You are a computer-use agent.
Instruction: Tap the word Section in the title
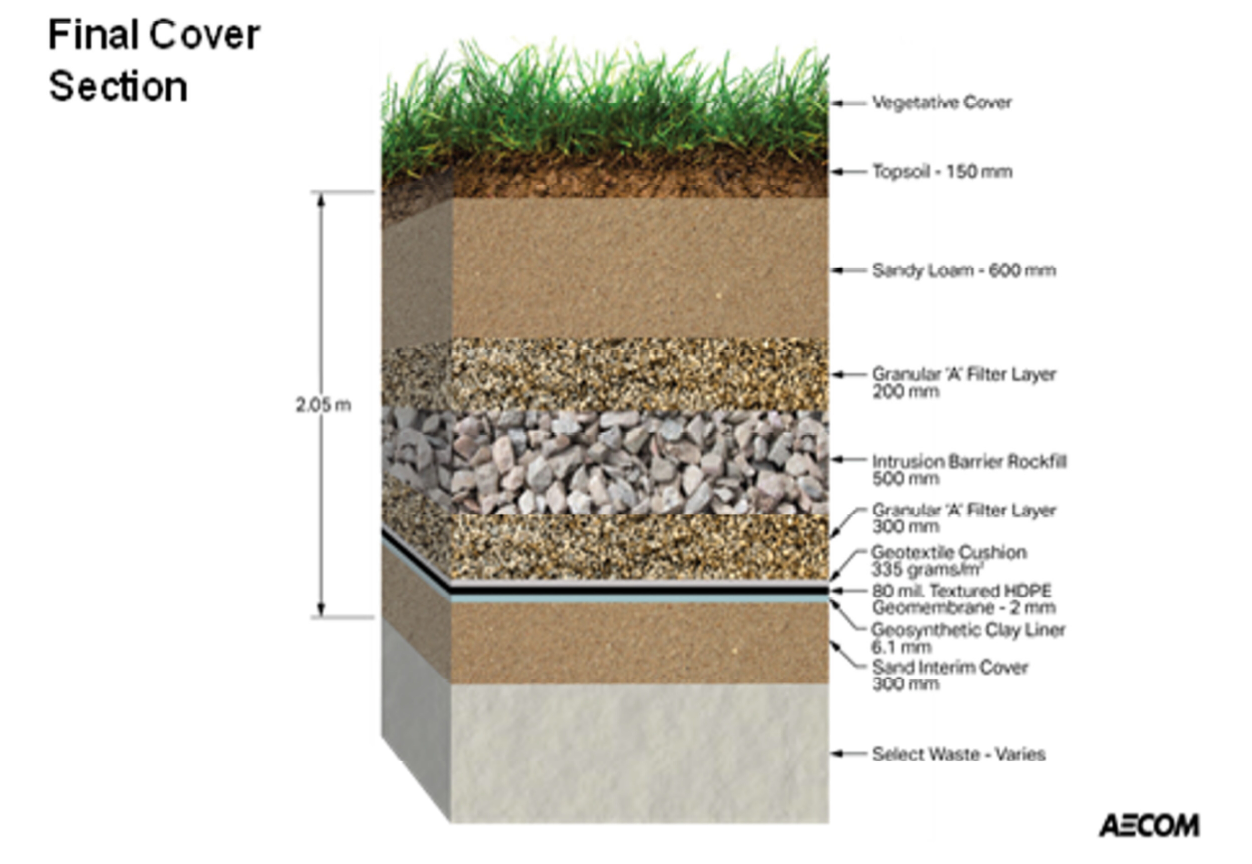pos(118,87)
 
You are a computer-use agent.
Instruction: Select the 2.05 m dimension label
pos(323,405)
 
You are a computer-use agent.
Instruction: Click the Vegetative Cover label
pos(942,102)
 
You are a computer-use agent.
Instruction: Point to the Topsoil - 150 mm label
pos(942,171)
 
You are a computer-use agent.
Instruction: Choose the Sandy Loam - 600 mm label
pos(964,270)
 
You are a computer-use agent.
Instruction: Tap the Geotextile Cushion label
pos(948,553)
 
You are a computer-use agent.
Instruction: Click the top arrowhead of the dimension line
pos(321,200)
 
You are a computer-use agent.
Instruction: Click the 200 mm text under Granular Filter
pos(905,391)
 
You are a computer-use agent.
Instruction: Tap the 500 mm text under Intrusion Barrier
pos(905,478)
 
